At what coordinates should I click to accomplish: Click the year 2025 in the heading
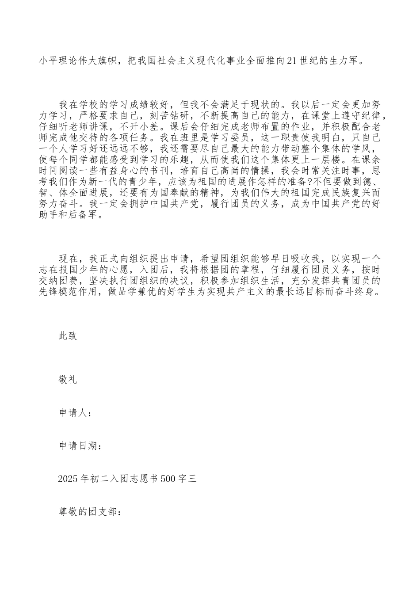click(68, 479)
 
